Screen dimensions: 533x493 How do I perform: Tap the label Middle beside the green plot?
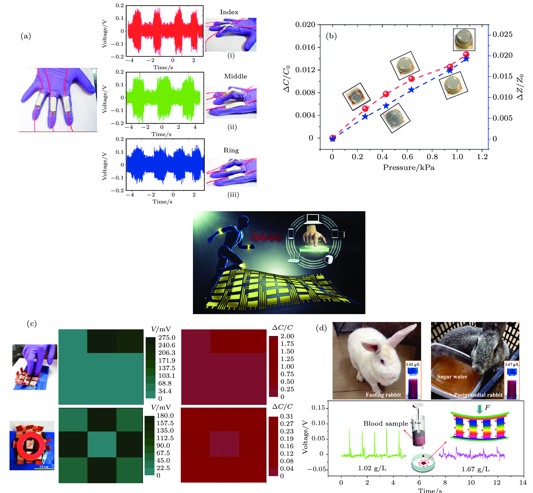[x=236, y=76]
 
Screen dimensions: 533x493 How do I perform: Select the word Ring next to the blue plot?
[x=231, y=150]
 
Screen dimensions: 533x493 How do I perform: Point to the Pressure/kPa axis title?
[x=409, y=168]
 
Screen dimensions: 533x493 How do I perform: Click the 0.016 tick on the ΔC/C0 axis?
[x=305, y=47]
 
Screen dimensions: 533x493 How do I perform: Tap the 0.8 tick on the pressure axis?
[x=432, y=157]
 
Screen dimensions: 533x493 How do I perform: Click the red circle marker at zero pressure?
[x=332, y=138]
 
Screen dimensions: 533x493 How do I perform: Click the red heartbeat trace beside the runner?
[x=266, y=236]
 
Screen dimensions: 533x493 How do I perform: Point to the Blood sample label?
[x=385, y=423]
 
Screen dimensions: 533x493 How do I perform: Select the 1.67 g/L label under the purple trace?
[x=475, y=469]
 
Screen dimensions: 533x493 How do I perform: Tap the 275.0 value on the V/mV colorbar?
[x=166, y=337]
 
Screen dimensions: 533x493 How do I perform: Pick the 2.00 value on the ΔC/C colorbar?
[x=287, y=336]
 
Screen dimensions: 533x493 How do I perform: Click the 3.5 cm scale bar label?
[x=44, y=467]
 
